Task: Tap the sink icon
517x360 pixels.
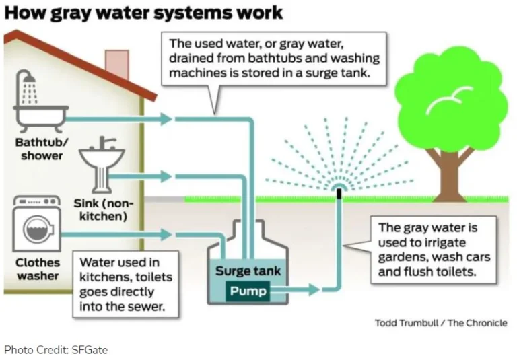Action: click(102, 159)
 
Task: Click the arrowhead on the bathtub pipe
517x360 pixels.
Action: click(166, 119)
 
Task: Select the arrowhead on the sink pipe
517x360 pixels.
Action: click(166, 177)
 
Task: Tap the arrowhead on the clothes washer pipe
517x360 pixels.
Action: click(166, 235)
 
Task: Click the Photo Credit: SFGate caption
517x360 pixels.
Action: click(56, 349)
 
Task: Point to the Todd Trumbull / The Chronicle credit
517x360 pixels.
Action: click(440, 323)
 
